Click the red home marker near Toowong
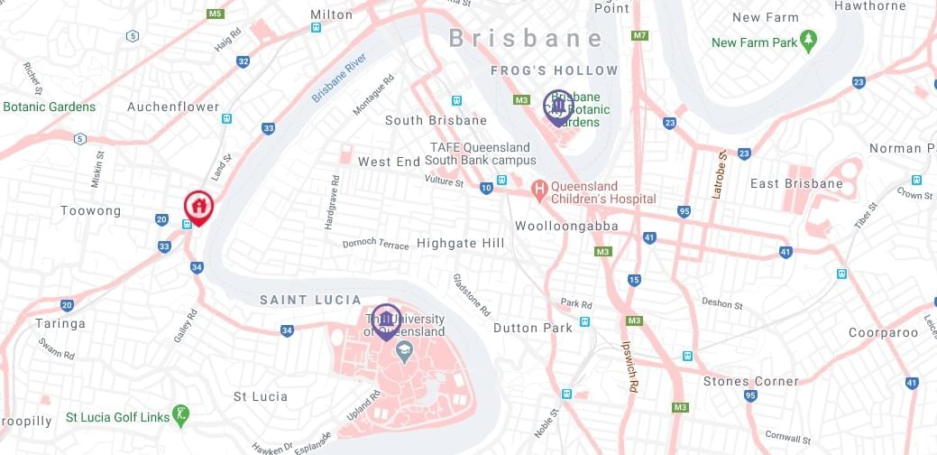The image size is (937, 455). point(198,207)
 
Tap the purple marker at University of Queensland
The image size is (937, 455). point(386,319)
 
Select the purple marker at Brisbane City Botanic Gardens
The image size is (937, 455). point(558,106)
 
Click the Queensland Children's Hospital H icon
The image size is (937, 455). point(539,189)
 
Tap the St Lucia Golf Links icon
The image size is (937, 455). point(182,416)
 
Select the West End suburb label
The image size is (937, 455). point(389,162)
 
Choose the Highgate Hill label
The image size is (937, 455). point(460,244)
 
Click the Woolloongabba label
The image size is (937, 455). point(566,226)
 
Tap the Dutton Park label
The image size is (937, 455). point(532,328)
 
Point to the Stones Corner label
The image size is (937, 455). point(750,381)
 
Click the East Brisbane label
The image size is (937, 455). point(796,183)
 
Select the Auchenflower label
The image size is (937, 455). point(173,107)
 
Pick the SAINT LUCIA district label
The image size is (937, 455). point(310,300)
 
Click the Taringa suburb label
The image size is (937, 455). point(61,323)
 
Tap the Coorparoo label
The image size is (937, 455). point(882,332)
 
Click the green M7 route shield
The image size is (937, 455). point(640,35)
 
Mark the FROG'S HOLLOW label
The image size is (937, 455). point(555,70)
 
